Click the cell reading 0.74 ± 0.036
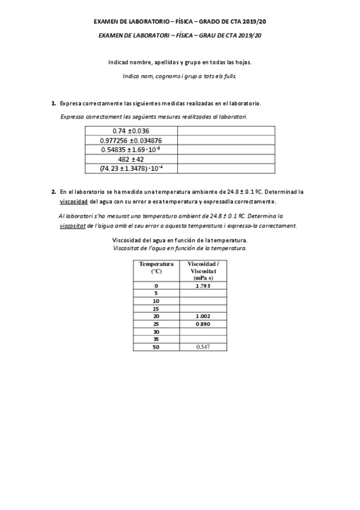pos(130,131)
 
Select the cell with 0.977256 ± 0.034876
pos(130,140)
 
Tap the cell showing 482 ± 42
pos(130,159)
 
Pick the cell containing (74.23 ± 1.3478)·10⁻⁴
pos(130,169)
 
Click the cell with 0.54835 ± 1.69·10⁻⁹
pos(130,150)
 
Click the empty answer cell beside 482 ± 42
pos(225,159)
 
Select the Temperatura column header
pos(156,268)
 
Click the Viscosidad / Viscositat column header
pos(203,271)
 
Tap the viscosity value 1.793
pos(203,285)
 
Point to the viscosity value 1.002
pos(203,316)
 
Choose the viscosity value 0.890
pos(203,324)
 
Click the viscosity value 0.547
pos(203,347)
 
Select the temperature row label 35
pos(156,339)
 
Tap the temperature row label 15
pos(156,308)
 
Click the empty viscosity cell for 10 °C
pos(203,300)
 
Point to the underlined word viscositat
pos(72,226)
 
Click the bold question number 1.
pos(53,103)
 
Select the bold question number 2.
pos(53,191)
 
